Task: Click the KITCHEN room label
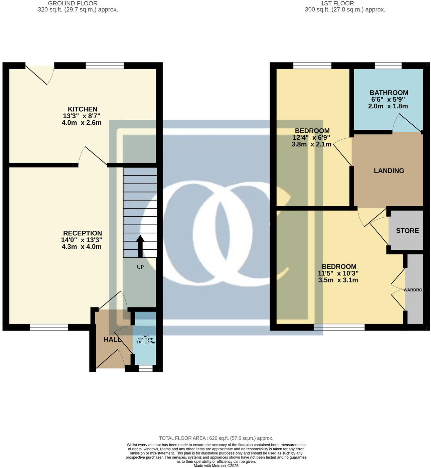click(x=83, y=109)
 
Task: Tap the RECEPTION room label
click(x=83, y=233)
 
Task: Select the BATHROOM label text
click(x=389, y=93)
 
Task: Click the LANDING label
click(x=389, y=171)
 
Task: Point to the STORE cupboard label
click(x=407, y=231)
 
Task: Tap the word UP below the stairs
click(x=140, y=267)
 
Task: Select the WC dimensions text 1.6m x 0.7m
click(x=145, y=342)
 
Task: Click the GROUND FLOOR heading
click(x=73, y=3)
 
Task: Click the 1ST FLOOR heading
click(x=337, y=3)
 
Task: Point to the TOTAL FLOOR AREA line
click(x=216, y=438)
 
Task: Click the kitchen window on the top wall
click(x=105, y=66)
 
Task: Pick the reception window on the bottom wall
click(x=49, y=327)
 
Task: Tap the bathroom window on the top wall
click(x=388, y=66)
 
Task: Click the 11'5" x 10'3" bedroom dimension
click(x=338, y=273)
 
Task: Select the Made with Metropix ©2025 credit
click(x=216, y=466)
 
